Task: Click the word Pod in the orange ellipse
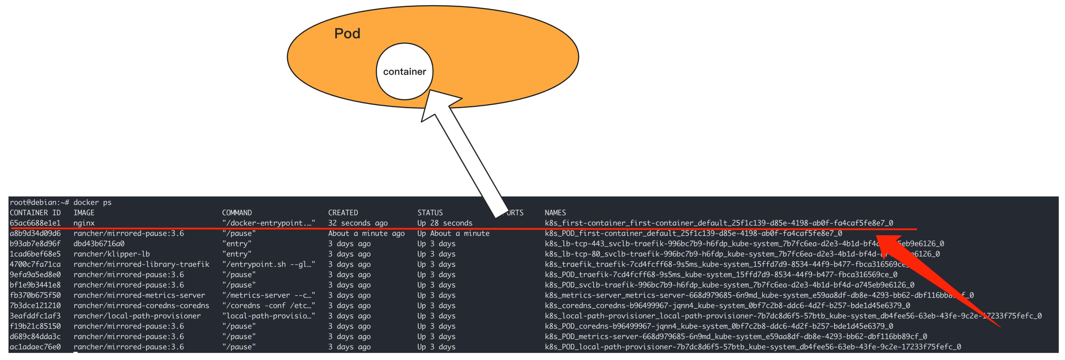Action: [347, 33]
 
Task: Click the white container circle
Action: [404, 71]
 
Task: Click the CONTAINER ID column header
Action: [35, 212]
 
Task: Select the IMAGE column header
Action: [84, 212]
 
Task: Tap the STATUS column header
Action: [430, 212]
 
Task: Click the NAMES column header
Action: [555, 212]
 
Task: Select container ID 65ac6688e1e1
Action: [35, 223]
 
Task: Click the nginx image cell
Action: [84, 223]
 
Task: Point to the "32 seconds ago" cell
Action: [358, 223]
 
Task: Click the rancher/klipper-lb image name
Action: [112, 254]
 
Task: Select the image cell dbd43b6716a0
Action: [99, 243]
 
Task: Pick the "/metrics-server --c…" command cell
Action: [268, 295]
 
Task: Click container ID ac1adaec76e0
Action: [35, 347]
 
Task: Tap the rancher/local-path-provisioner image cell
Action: [137, 316]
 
